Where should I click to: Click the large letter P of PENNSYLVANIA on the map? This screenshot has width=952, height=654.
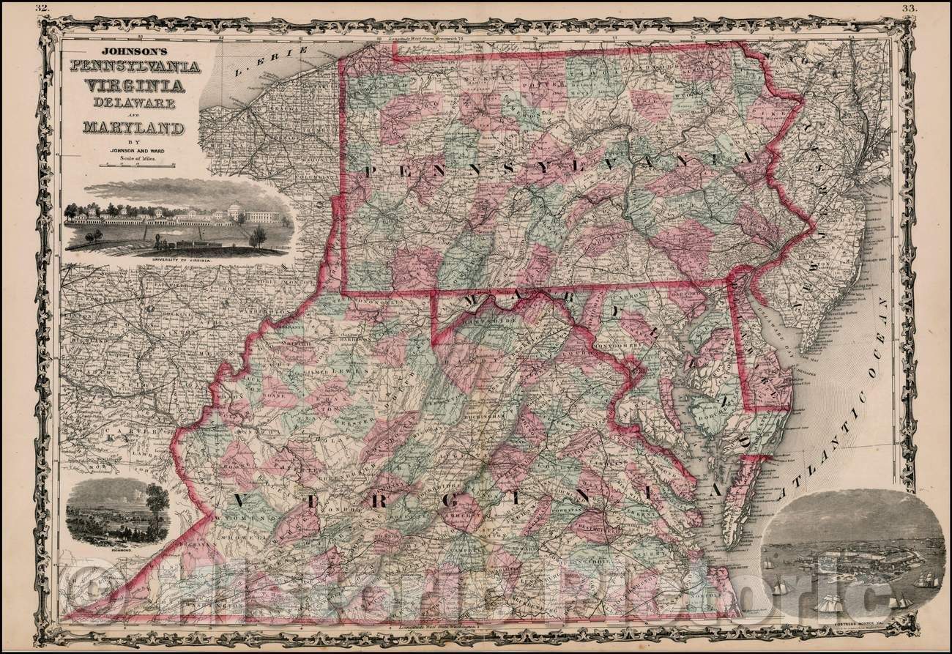(371, 172)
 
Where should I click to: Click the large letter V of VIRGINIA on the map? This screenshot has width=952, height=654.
(241, 501)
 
